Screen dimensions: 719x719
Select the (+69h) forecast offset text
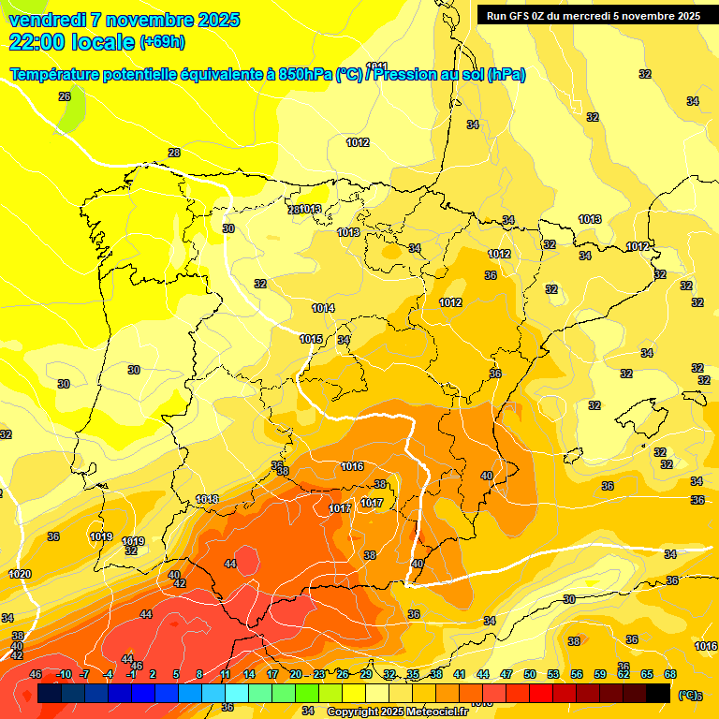coord(162,42)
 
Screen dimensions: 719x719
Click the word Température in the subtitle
coord(52,75)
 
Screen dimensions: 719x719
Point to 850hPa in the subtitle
coord(305,75)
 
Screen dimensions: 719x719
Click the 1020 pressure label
coord(20,574)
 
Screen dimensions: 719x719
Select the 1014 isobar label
coord(324,308)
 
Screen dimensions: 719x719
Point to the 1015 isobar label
coord(311,339)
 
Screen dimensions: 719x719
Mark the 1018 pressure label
coord(207,499)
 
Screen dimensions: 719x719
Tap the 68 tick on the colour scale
coord(670,674)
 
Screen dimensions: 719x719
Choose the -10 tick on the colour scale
coord(64,674)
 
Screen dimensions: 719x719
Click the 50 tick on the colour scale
coord(530,674)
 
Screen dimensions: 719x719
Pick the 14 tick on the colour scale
coord(249,674)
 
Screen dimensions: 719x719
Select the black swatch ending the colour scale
coord(658,693)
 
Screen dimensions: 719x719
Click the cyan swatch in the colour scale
coord(237,693)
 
